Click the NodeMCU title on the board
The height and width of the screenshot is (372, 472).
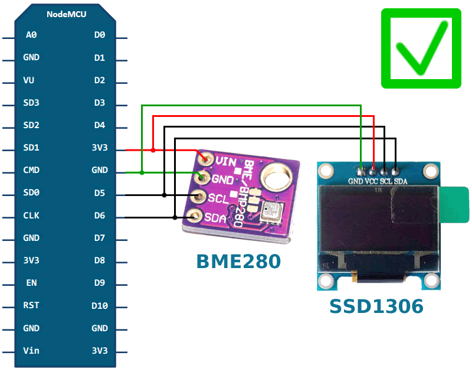[66, 14]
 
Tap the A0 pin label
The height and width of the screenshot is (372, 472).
[31, 35]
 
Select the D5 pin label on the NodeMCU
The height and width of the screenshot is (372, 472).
[100, 193]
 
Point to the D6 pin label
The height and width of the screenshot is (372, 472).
[100, 216]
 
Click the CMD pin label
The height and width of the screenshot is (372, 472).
[31, 170]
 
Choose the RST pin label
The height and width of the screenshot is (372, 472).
[31, 305]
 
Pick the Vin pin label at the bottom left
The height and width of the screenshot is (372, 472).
[31, 350]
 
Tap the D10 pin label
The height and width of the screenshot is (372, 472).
[100, 305]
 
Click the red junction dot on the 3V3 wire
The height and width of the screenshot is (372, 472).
[153, 150]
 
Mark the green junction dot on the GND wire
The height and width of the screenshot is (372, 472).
[142, 172]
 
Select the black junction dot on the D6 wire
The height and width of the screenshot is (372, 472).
[175, 217]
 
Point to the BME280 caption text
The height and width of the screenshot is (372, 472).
[238, 260]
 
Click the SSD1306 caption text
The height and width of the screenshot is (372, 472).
[376, 306]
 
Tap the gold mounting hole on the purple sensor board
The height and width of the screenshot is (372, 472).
[275, 177]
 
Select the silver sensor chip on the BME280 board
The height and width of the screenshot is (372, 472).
[272, 211]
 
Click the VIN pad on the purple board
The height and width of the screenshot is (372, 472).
[206, 158]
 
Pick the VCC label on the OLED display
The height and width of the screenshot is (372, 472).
[372, 181]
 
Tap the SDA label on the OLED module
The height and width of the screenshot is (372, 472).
[401, 181]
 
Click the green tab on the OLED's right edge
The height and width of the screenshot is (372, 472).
[455, 204]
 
